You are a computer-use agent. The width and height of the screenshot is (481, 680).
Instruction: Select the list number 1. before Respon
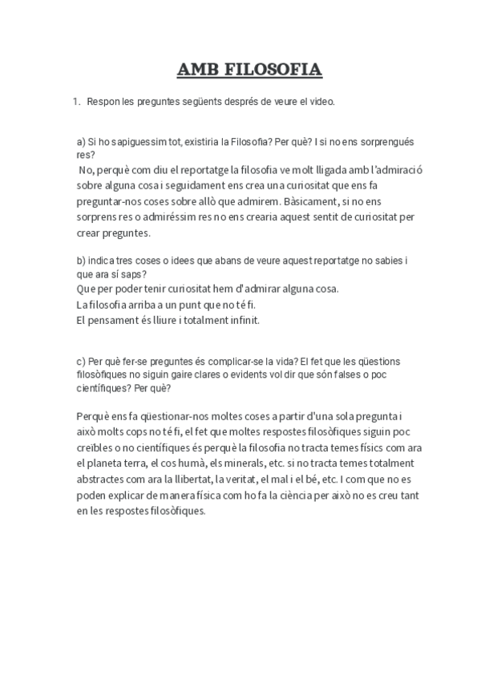point(77,103)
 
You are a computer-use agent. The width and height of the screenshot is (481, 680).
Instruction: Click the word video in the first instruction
point(321,103)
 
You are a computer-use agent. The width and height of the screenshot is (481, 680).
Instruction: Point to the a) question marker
point(81,142)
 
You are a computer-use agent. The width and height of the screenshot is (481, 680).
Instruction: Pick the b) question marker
point(81,261)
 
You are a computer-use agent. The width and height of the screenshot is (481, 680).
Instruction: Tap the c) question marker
point(81,362)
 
